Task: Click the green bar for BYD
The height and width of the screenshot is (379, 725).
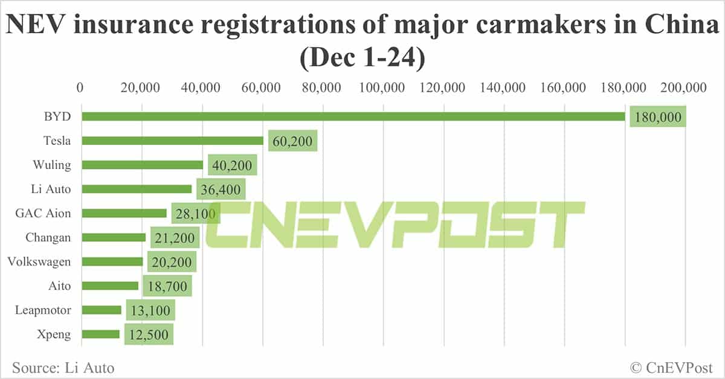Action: point(353,116)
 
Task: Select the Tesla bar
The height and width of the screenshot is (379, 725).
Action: point(173,141)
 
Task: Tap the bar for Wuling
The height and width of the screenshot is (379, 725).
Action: point(143,165)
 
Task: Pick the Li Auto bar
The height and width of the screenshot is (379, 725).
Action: point(137,189)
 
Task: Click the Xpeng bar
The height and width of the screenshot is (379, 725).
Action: point(101,334)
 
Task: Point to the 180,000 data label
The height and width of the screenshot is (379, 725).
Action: point(657,116)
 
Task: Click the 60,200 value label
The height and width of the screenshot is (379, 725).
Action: point(293,141)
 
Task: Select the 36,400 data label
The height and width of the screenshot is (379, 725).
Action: point(221,189)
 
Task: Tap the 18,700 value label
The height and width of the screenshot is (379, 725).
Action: point(167,286)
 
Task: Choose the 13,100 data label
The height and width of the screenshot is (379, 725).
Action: point(150,311)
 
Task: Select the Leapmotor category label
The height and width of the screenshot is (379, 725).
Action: point(43,310)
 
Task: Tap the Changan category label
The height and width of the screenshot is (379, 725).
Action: point(48,237)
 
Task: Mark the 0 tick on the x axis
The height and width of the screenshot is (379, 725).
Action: point(80,88)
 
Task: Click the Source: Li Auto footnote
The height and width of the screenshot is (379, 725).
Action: point(63,367)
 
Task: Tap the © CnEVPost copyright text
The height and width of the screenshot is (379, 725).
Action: point(671,367)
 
